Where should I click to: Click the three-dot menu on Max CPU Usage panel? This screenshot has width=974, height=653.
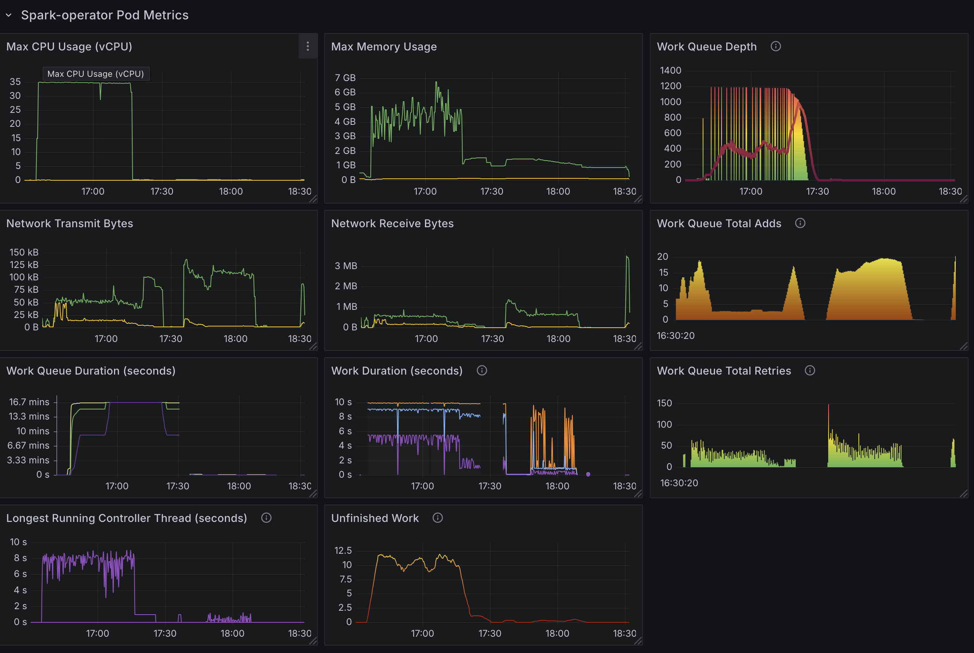pos(308,46)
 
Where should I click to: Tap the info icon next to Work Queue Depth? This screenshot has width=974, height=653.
pos(775,46)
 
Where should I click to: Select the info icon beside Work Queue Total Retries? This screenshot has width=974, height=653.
pos(810,370)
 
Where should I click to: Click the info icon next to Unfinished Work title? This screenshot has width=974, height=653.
pos(437,518)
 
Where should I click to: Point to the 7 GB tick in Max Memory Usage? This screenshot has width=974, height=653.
pos(345,78)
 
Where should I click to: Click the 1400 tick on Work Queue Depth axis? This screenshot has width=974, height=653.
pos(670,71)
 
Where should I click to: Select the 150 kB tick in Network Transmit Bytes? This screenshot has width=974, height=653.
pos(24,252)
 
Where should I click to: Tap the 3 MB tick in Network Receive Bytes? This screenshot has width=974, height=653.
pos(345,266)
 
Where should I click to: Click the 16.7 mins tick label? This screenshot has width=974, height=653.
pos(29,402)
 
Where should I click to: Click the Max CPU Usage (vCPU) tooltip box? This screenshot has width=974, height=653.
pos(95,74)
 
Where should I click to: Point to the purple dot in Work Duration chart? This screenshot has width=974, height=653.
pos(588,474)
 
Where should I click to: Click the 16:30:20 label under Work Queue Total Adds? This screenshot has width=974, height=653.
pos(675,335)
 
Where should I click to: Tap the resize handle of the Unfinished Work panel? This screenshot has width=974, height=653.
pos(637,641)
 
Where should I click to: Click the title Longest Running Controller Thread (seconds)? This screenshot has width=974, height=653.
pos(126,518)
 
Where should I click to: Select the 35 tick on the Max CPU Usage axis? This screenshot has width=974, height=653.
pos(15,81)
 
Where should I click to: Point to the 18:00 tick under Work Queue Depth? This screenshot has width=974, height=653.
pos(883,191)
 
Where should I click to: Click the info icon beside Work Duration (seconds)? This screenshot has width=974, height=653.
pos(482,370)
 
